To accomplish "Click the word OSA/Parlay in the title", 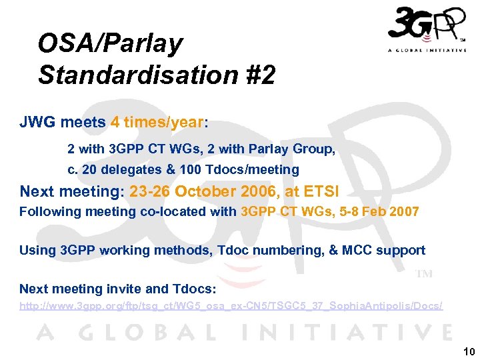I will point(110,44).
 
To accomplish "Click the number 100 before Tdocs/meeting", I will point(191,169).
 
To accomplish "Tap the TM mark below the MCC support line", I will point(424,273).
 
